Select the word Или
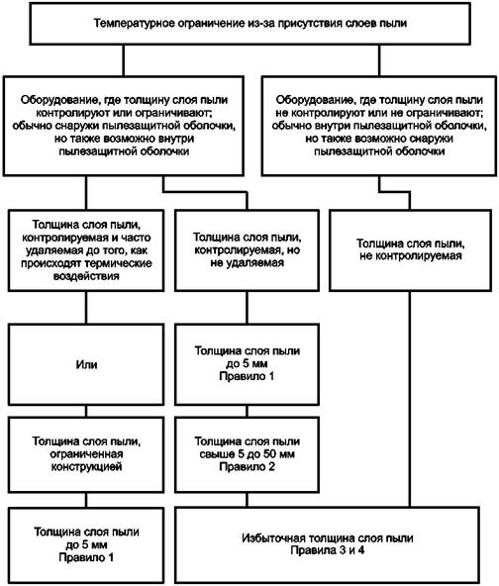pos(86,364)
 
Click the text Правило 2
pos(247,467)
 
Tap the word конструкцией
pos(86,467)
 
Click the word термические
pos(119,263)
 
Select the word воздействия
pos(86,276)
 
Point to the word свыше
pos(214,454)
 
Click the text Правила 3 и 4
pos(328,550)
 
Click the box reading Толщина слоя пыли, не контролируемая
pos(410,250)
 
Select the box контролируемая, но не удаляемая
pos(247,250)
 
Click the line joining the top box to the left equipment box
pos(124,60)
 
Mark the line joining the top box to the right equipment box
pos(379,60)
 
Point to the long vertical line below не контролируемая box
pos(410,399)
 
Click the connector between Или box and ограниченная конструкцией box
pos(86,411)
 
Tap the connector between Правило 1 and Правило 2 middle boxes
pos(247,411)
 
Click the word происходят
pos(51,263)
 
